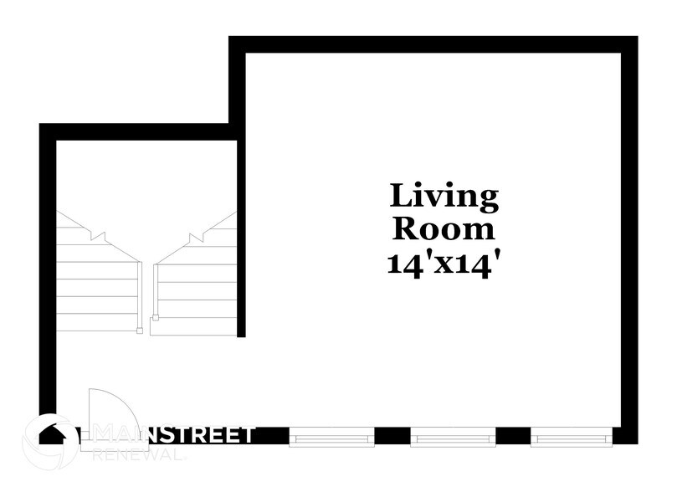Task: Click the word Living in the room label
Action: click(x=444, y=197)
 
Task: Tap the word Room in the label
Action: click(x=444, y=228)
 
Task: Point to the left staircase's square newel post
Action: click(x=139, y=331)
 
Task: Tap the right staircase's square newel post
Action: click(x=155, y=319)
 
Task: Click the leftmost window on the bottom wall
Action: click(x=331, y=437)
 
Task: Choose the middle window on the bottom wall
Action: click(x=452, y=437)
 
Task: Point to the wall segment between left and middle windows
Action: click(x=392, y=436)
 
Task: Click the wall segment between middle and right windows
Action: click(x=513, y=436)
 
